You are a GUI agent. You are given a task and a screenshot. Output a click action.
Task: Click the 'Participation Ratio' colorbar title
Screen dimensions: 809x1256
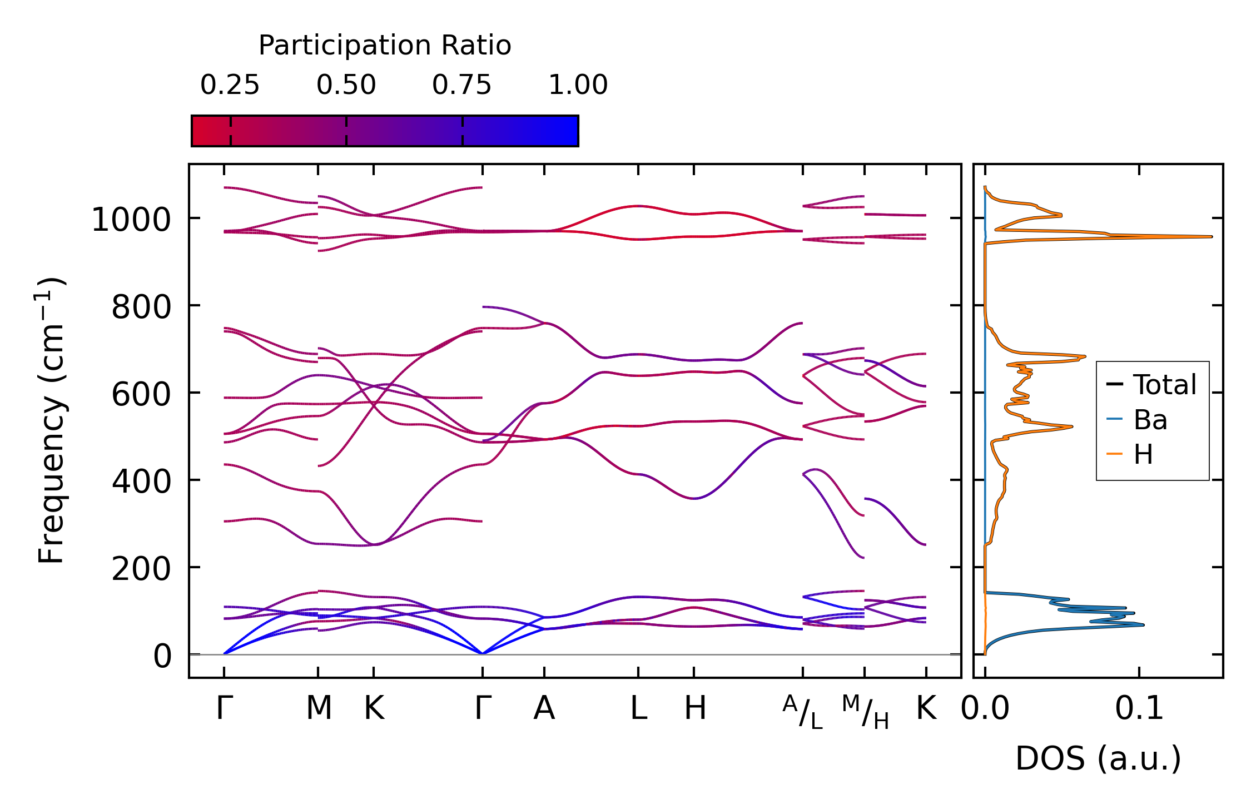click(385, 45)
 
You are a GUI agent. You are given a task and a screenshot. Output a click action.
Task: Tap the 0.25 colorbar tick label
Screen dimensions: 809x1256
click(230, 85)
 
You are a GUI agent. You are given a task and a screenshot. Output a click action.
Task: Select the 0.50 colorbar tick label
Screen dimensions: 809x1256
click(346, 85)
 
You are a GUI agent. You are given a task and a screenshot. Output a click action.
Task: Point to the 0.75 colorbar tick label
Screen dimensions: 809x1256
click(461, 85)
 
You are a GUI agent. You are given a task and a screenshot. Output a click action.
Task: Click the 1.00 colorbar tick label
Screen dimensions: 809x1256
click(578, 85)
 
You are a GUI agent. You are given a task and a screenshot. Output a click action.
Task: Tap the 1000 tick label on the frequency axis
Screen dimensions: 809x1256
click(131, 220)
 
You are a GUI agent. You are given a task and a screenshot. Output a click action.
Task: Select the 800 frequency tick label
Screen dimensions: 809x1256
click(141, 307)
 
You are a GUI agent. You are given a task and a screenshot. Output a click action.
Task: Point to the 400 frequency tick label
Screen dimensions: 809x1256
click(141, 482)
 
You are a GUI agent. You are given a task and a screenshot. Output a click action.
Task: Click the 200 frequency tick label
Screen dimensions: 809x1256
click(141, 569)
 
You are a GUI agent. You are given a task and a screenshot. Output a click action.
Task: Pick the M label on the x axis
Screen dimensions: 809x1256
click(319, 708)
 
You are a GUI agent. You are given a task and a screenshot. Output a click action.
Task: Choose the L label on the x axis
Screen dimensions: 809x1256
click(638, 708)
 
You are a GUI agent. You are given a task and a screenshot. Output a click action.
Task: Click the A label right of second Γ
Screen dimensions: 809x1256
click(544, 708)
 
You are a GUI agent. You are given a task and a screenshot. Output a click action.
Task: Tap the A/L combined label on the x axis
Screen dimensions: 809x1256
click(802, 712)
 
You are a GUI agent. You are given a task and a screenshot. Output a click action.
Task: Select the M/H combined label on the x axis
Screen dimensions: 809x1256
click(865, 712)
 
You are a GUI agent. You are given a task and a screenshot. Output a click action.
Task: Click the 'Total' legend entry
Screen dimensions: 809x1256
click(1165, 385)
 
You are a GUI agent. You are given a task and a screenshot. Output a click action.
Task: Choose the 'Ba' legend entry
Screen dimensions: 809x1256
click(1150, 420)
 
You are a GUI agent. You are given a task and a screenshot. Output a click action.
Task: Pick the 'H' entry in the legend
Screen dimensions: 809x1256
click(1143, 455)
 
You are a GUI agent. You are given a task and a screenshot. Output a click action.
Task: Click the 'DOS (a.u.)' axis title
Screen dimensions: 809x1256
click(1098, 758)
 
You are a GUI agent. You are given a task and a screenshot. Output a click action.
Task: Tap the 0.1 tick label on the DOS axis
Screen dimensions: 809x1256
click(1139, 708)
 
